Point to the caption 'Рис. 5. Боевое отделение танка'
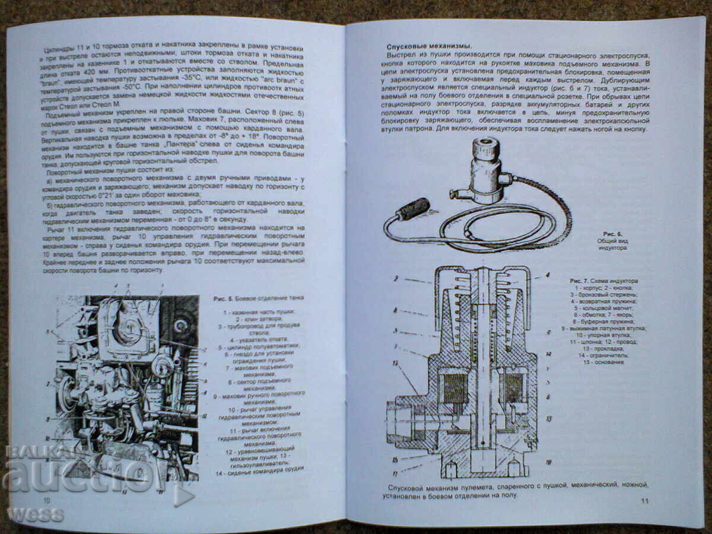pos(256,298)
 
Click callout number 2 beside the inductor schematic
pos(395,278)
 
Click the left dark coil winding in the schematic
pos(455,388)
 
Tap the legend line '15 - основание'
pos(603,362)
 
